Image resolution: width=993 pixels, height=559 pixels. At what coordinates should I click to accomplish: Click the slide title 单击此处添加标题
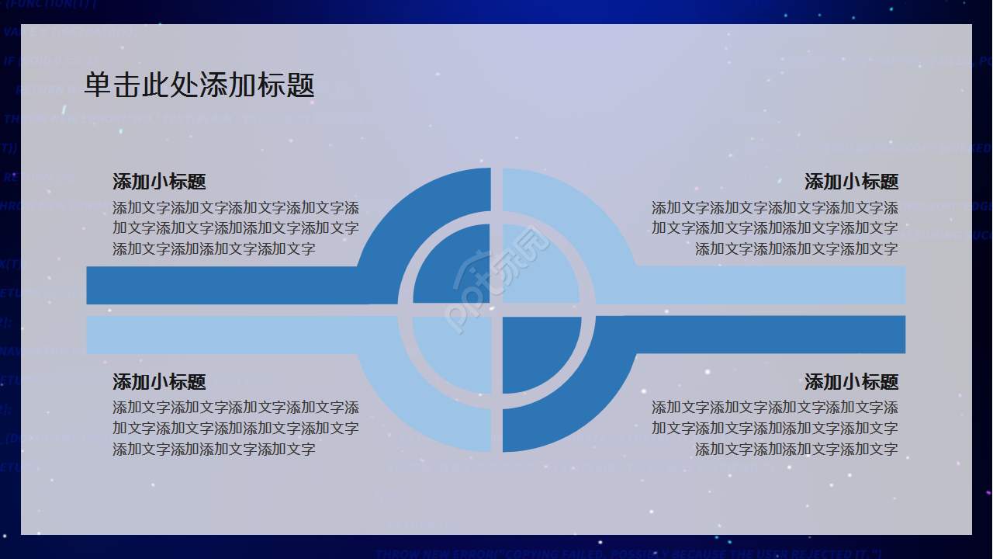199,85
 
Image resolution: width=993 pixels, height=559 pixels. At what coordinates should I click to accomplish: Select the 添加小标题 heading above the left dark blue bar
159,182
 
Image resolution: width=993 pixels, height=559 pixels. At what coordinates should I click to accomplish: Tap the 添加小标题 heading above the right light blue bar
851,182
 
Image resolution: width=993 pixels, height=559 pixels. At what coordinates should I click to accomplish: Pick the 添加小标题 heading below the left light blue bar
159,382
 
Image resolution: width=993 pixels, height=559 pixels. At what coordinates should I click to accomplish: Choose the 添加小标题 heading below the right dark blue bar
851,382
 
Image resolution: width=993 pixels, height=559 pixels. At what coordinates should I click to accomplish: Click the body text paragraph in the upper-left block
236,228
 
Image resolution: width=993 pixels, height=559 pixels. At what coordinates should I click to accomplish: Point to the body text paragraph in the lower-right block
775,428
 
